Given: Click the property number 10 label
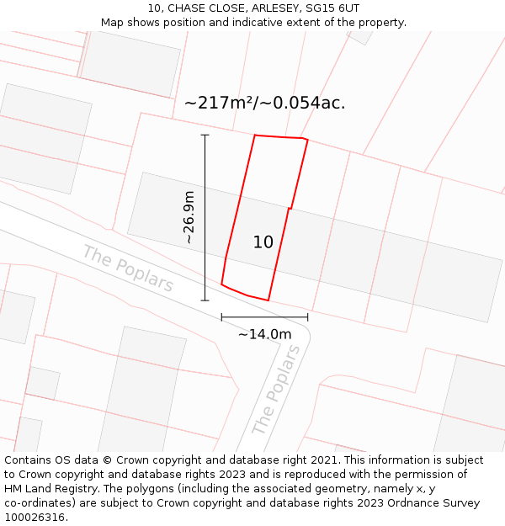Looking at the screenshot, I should [263, 242].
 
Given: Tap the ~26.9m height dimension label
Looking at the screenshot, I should [189, 217].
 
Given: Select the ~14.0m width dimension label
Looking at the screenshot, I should [264, 334].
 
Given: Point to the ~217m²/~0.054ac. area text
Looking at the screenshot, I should [264, 103].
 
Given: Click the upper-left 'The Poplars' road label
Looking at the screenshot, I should [128, 268].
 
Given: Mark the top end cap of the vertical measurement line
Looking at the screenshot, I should [205, 135].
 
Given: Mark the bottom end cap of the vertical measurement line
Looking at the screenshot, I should [205, 300].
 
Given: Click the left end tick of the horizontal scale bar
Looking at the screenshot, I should [221, 317].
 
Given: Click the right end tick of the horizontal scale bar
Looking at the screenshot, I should [308, 317].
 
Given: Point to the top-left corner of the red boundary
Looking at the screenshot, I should [255, 135].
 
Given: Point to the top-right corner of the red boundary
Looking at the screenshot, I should [307, 140].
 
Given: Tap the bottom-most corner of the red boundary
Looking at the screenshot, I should [268, 300].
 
